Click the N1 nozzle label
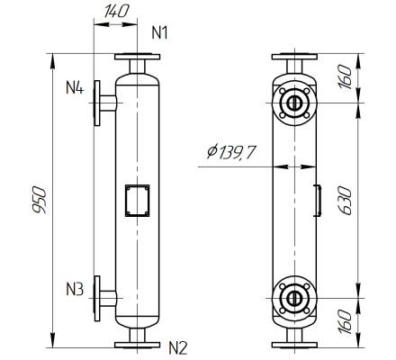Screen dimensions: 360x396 [159, 34]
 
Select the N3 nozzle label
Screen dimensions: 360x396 [76, 290]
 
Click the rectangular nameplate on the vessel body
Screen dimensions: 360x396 [138, 201]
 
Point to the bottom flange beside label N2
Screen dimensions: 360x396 [138, 343]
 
